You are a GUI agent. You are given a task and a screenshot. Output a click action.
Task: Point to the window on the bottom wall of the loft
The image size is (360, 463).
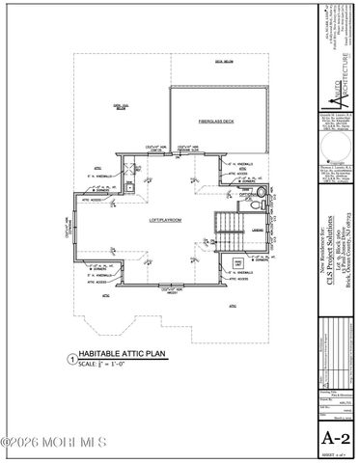point(170,290)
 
